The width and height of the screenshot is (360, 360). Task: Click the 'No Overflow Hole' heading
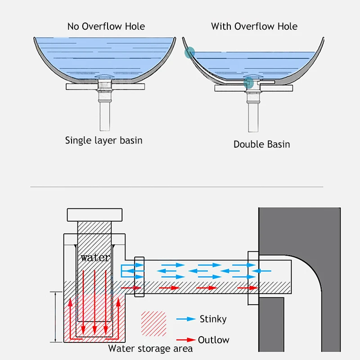coord(106,27)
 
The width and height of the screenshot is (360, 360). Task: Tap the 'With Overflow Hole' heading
coord(254,26)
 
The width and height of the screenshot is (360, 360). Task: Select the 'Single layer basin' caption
coord(104,140)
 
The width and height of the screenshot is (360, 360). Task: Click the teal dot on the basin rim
coord(189,53)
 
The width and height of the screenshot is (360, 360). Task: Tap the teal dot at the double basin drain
coord(248,83)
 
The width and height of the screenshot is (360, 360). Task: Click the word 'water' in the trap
coord(95,258)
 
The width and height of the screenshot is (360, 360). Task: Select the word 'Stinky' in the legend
coord(213,319)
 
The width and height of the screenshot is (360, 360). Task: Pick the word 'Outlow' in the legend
coord(213,340)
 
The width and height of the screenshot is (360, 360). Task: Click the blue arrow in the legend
coord(185,319)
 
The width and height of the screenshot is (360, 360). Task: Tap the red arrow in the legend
coord(185,340)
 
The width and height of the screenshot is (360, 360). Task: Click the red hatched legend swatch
coord(153,322)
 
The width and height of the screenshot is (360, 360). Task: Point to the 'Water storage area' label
coord(150,349)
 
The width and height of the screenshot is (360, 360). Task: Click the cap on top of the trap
coord(95,215)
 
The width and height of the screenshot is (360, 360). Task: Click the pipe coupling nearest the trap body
coord(139,277)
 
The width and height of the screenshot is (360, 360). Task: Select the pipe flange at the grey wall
coord(252,278)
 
